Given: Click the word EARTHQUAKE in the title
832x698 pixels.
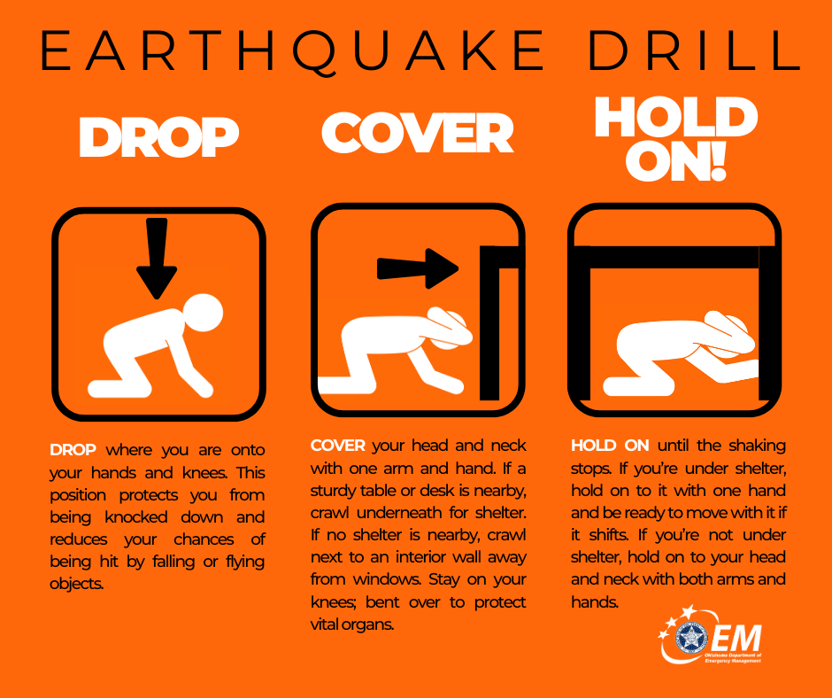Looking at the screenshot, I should [x=291, y=52].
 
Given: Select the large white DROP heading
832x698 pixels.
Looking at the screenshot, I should [x=159, y=137].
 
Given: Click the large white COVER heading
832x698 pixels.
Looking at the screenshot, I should [x=417, y=134].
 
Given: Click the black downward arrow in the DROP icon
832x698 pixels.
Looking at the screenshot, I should [x=157, y=257].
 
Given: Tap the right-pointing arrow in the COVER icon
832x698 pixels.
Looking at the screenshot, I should [x=417, y=267].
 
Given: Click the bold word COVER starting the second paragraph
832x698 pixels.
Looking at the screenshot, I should [x=338, y=446].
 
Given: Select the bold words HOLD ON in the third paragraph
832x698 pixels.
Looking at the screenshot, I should [x=611, y=446].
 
